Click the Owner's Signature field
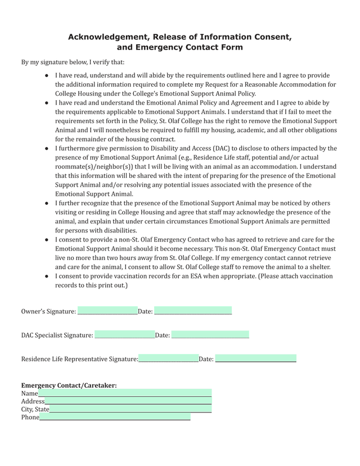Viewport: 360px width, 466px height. click(107, 311)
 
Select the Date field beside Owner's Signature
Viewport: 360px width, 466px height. click(193, 311)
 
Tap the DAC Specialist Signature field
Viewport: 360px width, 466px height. click(125, 335)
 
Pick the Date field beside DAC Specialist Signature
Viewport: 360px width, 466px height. click(210, 335)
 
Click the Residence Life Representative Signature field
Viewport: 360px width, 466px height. click(168, 359)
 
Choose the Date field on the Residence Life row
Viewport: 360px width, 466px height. click(255, 359)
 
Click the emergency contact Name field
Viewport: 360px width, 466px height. click(125, 393)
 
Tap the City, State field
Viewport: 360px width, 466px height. click(130, 409)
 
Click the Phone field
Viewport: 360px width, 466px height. click(115, 417)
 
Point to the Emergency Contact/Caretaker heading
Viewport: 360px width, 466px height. click(69, 385)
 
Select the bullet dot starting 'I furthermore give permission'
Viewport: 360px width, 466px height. click(46, 149)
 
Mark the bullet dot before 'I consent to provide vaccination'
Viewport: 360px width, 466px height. click(46, 276)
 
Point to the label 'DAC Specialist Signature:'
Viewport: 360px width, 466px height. click(57, 335)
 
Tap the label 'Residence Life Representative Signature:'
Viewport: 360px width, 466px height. click(79, 359)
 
